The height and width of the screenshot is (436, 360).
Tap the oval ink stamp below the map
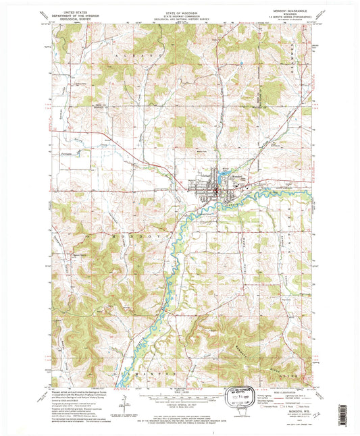tap(241, 394)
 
